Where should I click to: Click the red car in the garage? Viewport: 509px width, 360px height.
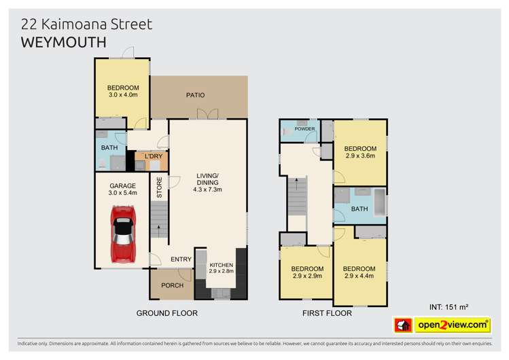click(123, 234)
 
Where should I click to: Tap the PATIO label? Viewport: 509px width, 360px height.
click(195, 95)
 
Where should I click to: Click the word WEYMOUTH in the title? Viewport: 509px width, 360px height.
click(63, 42)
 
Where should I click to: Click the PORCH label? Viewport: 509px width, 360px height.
click(173, 285)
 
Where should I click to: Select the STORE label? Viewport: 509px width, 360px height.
click(160, 187)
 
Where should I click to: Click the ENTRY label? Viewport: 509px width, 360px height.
click(181, 259)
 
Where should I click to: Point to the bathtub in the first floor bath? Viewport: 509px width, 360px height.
click(379, 204)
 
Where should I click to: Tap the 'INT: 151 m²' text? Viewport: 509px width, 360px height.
click(451, 307)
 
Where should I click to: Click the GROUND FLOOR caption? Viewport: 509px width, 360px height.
click(166, 313)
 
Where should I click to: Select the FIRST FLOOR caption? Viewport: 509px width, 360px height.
click(327, 313)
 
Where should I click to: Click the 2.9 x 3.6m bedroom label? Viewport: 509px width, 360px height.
click(359, 152)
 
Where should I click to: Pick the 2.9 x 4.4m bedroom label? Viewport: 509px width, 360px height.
click(359, 272)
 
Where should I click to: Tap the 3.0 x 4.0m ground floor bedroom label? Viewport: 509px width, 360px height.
click(123, 91)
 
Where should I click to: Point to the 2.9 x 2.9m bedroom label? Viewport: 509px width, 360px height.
click(306, 272)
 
